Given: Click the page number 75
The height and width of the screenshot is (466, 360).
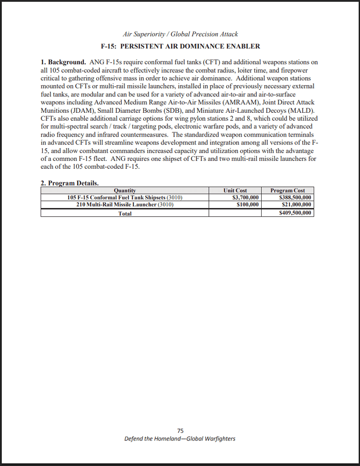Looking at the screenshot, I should (180, 431).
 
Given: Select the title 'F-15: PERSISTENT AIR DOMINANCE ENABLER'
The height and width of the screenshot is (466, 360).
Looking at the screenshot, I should (180, 46).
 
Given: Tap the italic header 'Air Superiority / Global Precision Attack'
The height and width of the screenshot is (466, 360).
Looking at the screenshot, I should (180, 34).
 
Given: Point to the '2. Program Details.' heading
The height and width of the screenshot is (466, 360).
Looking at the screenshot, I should (69, 183).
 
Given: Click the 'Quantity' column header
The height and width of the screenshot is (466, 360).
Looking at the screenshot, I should (125, 190).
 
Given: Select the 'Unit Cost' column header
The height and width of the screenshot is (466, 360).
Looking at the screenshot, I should (235, 190).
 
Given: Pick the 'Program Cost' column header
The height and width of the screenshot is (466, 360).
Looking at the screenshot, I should (287, 190).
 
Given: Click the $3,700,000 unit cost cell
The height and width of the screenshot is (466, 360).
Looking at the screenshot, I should (246, 198).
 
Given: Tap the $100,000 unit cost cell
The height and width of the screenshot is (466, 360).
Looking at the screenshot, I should (248, 205).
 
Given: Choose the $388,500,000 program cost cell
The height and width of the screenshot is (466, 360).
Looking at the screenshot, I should (295, 198).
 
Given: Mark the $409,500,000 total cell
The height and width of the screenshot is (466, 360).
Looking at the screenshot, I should (295, 213).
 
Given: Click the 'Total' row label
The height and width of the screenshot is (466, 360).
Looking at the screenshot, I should (125, 213).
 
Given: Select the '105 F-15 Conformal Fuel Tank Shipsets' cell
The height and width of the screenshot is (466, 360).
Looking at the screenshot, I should (125, 198).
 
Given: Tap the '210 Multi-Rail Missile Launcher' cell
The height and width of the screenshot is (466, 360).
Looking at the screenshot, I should (125, 205).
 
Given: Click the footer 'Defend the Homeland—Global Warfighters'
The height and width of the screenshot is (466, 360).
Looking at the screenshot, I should (180, 439).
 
